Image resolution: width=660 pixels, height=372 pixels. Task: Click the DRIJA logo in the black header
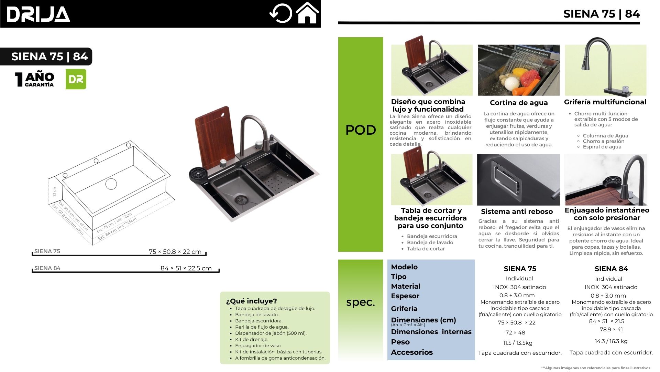tap(38, 14)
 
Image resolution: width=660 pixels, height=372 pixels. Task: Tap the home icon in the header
tap(307, 13)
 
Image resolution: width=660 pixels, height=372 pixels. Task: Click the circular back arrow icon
tap(280, 13)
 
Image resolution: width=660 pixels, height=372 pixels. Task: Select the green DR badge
tap(76, 79)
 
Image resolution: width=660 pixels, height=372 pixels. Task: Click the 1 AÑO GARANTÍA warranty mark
tap(35, 79)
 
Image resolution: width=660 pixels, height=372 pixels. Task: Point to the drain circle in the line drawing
tap(111, 184)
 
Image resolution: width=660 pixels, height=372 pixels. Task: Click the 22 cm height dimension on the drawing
tap(54, 192)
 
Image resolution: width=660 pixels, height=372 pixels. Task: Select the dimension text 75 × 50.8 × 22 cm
tap(175, 252)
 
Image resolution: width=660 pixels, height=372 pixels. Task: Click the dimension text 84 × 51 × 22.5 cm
tap(186, 268)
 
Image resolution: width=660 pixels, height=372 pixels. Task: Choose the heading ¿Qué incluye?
tap(251, 301)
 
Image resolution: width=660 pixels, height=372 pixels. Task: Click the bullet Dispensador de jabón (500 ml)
tap(271, 333)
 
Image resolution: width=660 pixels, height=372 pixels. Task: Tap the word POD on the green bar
tap(361, 130)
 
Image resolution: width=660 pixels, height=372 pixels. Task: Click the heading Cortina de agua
tap(519, 103)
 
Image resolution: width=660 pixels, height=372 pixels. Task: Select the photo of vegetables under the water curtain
tap(519, 70)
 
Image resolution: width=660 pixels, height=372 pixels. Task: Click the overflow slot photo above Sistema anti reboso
tap(518, 180)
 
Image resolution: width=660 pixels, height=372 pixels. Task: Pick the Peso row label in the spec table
tap(400, 342)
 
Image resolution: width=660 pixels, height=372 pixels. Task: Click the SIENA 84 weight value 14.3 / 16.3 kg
tap(611, 341)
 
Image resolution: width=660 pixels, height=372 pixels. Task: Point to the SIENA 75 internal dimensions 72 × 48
tap(515, 333)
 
